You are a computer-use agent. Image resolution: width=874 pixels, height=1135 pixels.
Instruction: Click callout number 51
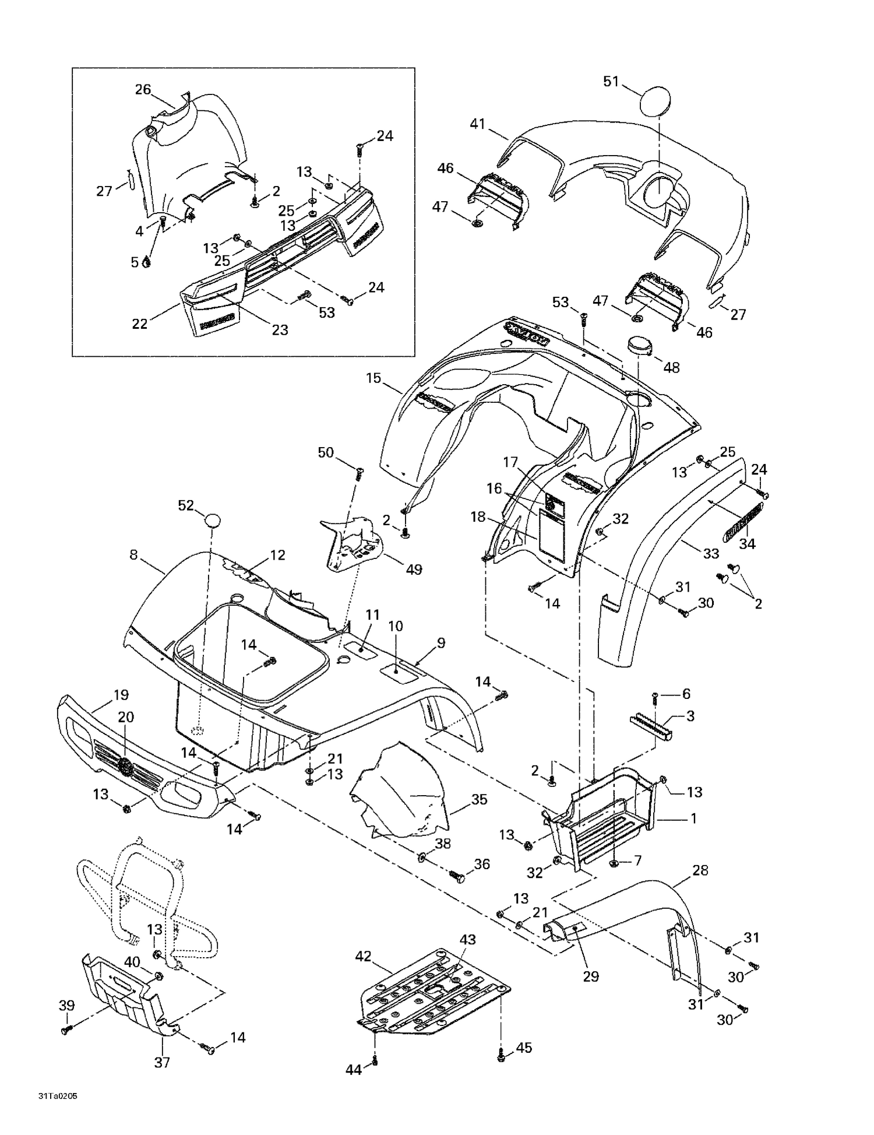click(611, 82)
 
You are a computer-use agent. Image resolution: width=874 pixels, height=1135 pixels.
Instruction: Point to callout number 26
click(143, 90)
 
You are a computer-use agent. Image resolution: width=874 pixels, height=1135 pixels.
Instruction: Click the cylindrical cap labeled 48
click(639, 345)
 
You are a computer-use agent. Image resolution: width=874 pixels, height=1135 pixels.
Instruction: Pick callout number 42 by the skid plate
click(363, 956)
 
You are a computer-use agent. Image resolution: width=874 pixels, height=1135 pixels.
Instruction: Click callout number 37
click(162, 1062)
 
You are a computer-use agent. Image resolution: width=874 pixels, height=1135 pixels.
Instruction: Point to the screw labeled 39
click(65, 1031)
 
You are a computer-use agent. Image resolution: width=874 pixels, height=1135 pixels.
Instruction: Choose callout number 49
click(414, 570)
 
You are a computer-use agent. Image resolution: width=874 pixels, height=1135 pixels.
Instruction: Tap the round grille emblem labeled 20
click(126, 766)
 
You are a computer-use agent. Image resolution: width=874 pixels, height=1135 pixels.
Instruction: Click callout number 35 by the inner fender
click(479, 799)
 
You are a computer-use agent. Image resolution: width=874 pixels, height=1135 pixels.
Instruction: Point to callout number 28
click(700, 870)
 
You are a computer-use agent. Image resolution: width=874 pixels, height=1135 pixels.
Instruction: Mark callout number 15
click(373, 378)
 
